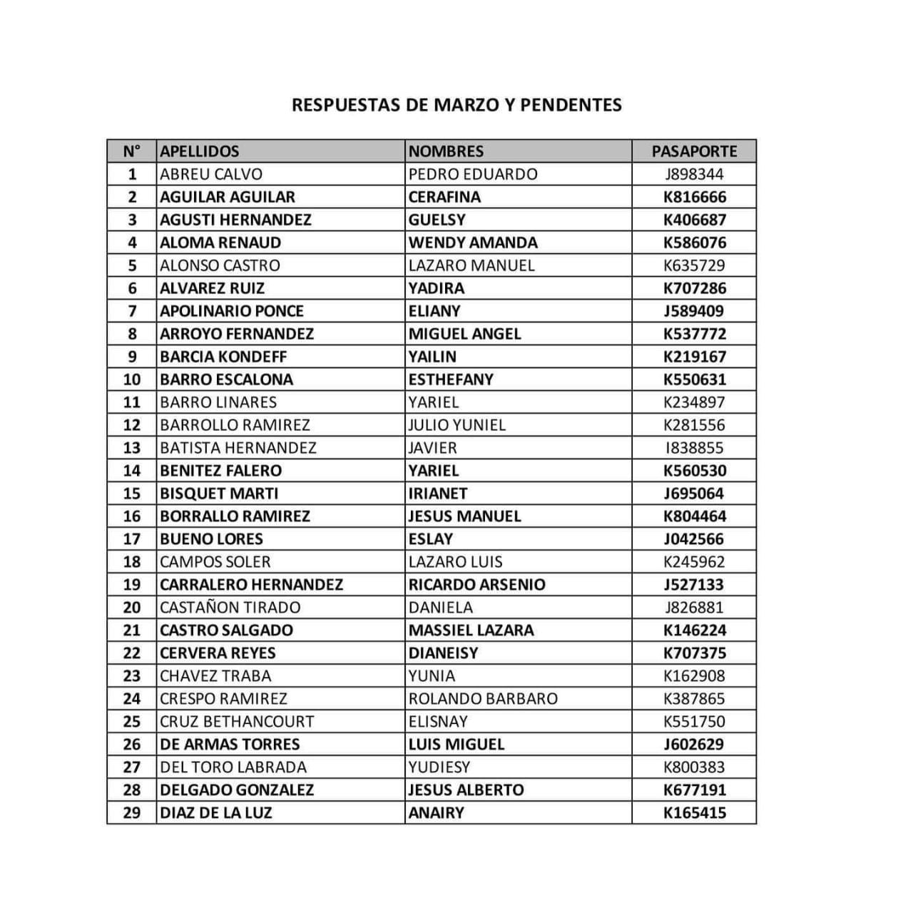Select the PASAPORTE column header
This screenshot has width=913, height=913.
694,151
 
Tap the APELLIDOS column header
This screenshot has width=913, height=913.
200,151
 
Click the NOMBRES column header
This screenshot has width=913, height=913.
446,151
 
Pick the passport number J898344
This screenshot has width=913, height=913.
694,174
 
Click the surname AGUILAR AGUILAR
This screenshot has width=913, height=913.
228,197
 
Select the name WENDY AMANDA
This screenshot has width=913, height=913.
473,243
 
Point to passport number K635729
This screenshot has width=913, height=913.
694,265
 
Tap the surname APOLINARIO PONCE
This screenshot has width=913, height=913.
232,311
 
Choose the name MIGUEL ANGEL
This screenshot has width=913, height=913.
465,334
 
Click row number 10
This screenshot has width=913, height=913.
132,379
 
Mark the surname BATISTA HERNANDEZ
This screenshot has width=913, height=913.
238,448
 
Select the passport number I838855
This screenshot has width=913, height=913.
694,448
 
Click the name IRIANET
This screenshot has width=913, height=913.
438,494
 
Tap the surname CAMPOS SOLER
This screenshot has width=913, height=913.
215,562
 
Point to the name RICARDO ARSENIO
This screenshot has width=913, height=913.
476,585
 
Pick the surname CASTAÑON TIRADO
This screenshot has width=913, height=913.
230,608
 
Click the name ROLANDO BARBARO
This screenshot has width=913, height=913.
483,699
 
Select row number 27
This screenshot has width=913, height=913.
132,767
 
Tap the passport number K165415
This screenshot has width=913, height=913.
694,813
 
